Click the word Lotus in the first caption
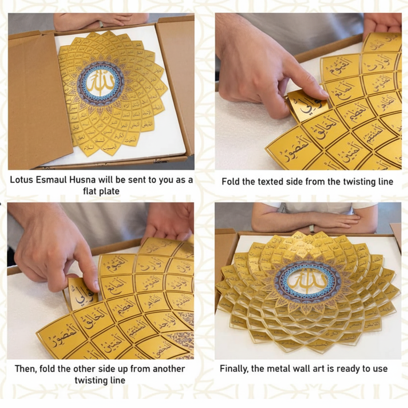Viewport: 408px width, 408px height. click(x=22, y=180)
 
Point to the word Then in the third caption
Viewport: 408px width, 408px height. click(x=25, y=369)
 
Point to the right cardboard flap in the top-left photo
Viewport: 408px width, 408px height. click(x=175, y=80)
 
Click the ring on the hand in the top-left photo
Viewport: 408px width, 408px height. click(x=101, y=24)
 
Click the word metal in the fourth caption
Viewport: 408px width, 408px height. click(x=279, y=369)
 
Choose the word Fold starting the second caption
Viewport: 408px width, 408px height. click(x=230, y=182)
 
